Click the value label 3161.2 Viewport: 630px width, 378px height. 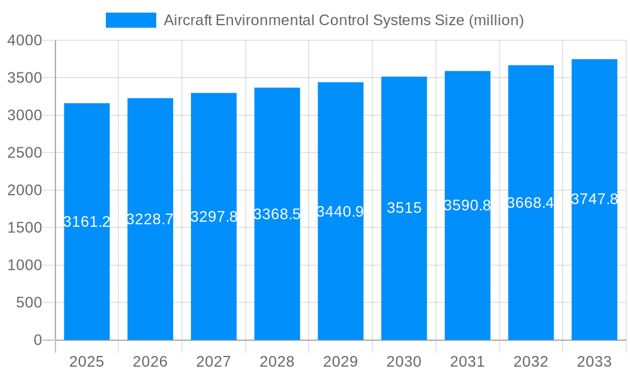[x=87, y=222]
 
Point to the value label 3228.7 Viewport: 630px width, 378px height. [x=150, y=219]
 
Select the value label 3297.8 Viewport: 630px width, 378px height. [x=214, y=217]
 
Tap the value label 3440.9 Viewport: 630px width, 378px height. [x=340, y=212]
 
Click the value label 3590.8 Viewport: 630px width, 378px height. [x=467, y=205]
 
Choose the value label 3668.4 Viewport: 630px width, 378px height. [x=530, y=203]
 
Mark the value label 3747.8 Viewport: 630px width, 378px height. [x=594, y=199]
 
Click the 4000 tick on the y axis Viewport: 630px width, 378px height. [x=25, y=40]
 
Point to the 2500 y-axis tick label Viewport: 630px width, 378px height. [x=25, y=153]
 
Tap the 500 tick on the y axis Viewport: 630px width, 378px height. [x=30, y=303]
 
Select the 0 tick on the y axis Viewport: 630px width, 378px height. [x=37, y=340]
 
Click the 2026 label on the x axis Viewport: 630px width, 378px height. [x=150, y=362]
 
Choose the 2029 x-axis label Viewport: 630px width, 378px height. [x=340, y=362]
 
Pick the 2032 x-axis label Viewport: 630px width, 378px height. [x=530, y=362]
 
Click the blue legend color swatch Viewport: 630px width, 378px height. [x=131, y=20]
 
